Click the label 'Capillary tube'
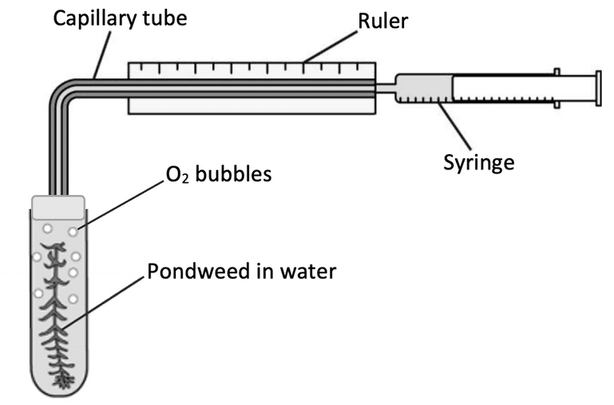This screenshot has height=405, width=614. (x=120, y=17)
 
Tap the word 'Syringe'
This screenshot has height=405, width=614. (x=478, y=162)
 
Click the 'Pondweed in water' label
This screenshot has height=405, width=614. (x=241, y=272)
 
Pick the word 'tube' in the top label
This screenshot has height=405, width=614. (x=166, y=17)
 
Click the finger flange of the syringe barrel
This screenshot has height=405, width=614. (x=557, y=86)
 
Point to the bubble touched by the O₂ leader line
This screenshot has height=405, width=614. (x=73, y=232)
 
